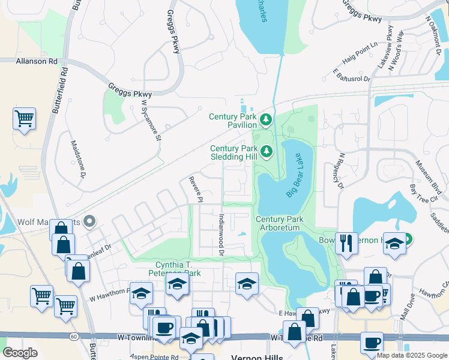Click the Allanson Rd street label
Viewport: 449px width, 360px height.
37,61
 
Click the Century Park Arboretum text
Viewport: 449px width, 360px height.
277,224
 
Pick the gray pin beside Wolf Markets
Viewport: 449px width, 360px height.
89,222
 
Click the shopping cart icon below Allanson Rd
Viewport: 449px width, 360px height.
24,119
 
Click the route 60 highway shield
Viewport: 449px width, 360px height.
74,337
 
